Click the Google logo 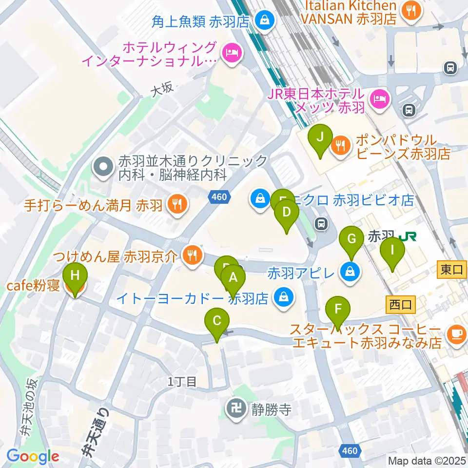(33, 456)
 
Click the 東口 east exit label (452, 270)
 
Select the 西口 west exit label (400, 306)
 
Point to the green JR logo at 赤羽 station (407, 236)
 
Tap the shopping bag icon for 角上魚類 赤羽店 (264, 21)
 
